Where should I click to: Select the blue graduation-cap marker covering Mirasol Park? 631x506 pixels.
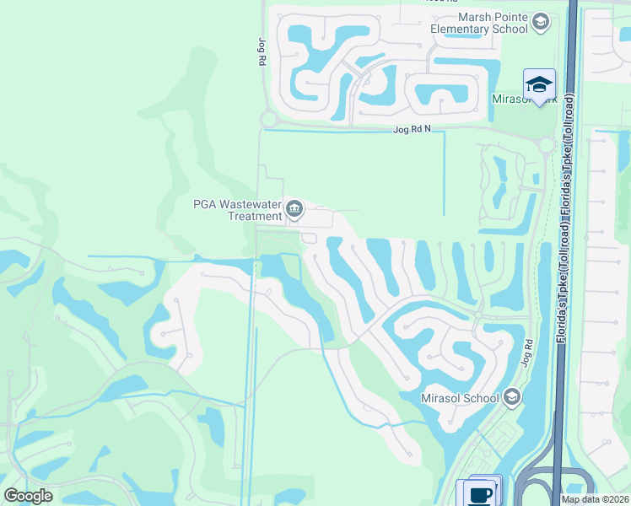point(539,84)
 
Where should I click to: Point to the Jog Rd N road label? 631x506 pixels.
point(412,129)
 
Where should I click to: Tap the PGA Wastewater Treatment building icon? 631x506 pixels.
point(294,208)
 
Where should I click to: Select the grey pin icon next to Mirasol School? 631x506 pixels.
point(511,397)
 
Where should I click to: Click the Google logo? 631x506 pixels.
point(28,496)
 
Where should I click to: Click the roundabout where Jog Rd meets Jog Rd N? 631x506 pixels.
point(267,120)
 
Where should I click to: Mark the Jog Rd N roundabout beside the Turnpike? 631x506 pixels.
point(546,145)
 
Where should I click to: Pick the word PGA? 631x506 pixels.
point(205,203)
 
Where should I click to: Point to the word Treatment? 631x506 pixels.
point(255,216)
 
